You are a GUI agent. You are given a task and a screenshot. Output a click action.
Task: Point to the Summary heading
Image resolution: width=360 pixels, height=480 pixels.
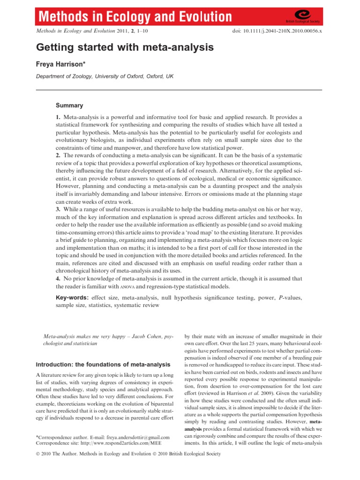(x=69, y=105)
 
